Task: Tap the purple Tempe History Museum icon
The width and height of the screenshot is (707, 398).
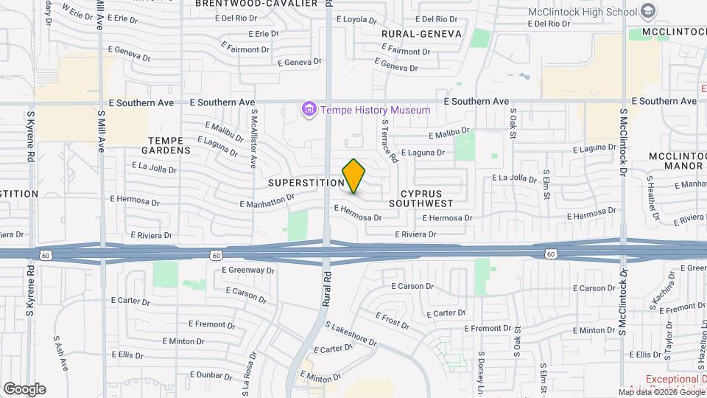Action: point(309,110)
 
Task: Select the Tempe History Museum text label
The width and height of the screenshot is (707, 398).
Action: point(375,110)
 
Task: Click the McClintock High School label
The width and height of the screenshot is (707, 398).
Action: point(581,11)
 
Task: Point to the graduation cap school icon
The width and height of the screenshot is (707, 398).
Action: point(647,11)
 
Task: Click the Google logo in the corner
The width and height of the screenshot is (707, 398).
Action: point(24,388)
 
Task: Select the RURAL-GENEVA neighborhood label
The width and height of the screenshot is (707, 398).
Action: point(421,34)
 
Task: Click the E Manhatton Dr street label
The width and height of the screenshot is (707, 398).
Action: point(267,200)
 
